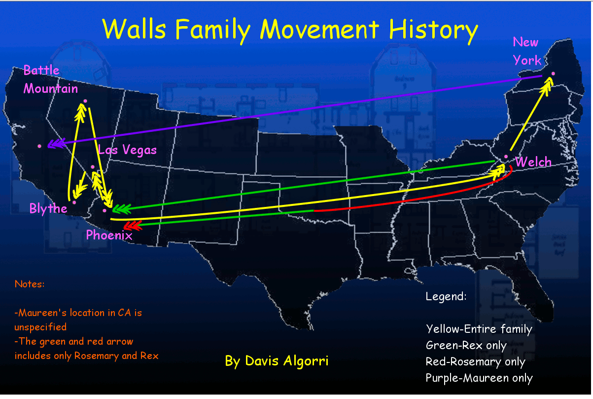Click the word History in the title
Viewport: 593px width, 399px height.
[433, 30]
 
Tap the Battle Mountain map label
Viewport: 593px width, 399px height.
[51, 80]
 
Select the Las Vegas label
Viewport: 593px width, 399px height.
[127, 150]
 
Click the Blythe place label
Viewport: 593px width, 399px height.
[48, 208]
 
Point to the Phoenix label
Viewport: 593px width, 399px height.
[109, 235]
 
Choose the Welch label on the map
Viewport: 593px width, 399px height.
[533, 161]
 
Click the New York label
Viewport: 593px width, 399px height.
[527, 51]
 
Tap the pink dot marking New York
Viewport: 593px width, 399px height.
[553, 74]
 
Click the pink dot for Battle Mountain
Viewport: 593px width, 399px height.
[85, 101]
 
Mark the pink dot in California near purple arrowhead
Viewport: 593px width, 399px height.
[39, 146]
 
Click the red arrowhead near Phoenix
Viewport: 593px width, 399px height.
[133, 226]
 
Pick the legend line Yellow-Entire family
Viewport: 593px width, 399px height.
[479, 329]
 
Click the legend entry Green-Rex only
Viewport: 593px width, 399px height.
[466, 346]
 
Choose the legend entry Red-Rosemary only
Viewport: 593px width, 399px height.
[476, 362]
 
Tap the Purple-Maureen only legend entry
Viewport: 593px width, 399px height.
[479, 378]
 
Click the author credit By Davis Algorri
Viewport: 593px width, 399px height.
[277, 361]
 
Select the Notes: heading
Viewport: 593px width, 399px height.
[30, 284]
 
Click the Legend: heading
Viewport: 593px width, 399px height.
[446, 296]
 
